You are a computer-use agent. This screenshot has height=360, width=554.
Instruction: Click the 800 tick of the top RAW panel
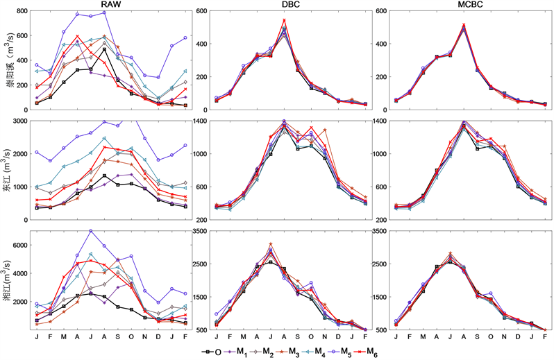pos(19,12)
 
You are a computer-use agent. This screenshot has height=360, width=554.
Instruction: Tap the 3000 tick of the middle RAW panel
pos(17,121)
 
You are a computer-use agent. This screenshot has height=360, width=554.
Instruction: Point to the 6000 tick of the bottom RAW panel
pos(17,245)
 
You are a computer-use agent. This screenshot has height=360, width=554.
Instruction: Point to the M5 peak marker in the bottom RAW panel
pos(91,231)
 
